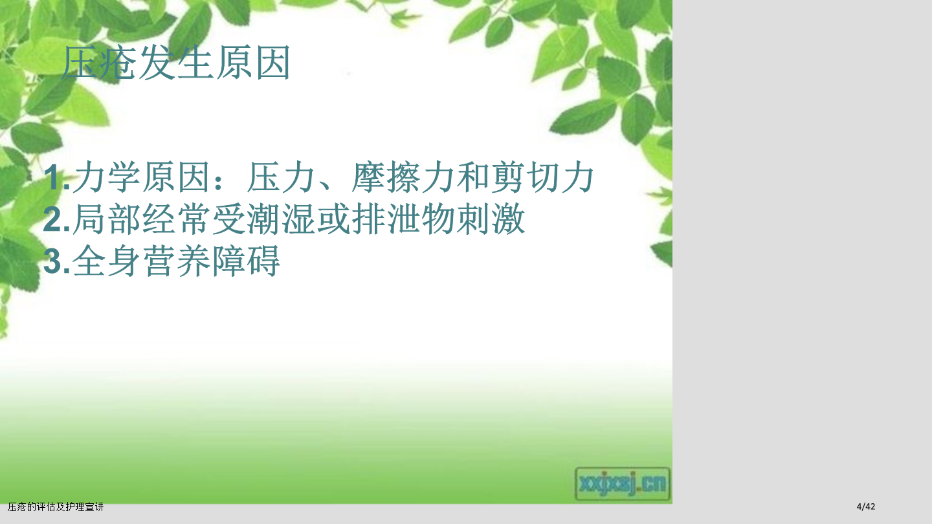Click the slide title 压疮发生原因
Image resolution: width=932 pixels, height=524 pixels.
pos(176,63)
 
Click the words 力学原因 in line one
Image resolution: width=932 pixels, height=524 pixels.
pos(142,177)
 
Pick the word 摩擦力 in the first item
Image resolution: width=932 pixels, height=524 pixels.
pos(402,177)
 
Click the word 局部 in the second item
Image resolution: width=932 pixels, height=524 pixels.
pos(107,219)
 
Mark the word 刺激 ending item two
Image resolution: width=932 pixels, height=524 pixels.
pos(491,219)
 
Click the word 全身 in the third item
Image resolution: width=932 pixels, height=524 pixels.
pos(107,261)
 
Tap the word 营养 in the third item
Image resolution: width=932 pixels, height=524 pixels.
pos(177,261)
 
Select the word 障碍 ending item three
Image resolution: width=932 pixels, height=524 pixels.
pos(247,261)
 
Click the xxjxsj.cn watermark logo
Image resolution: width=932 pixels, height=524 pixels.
pos(623,484)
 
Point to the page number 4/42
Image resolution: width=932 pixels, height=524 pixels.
pos(866,507)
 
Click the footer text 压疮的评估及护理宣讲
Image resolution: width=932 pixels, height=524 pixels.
pos(56,507)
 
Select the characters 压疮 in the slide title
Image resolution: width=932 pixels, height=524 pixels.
pos(99,63)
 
